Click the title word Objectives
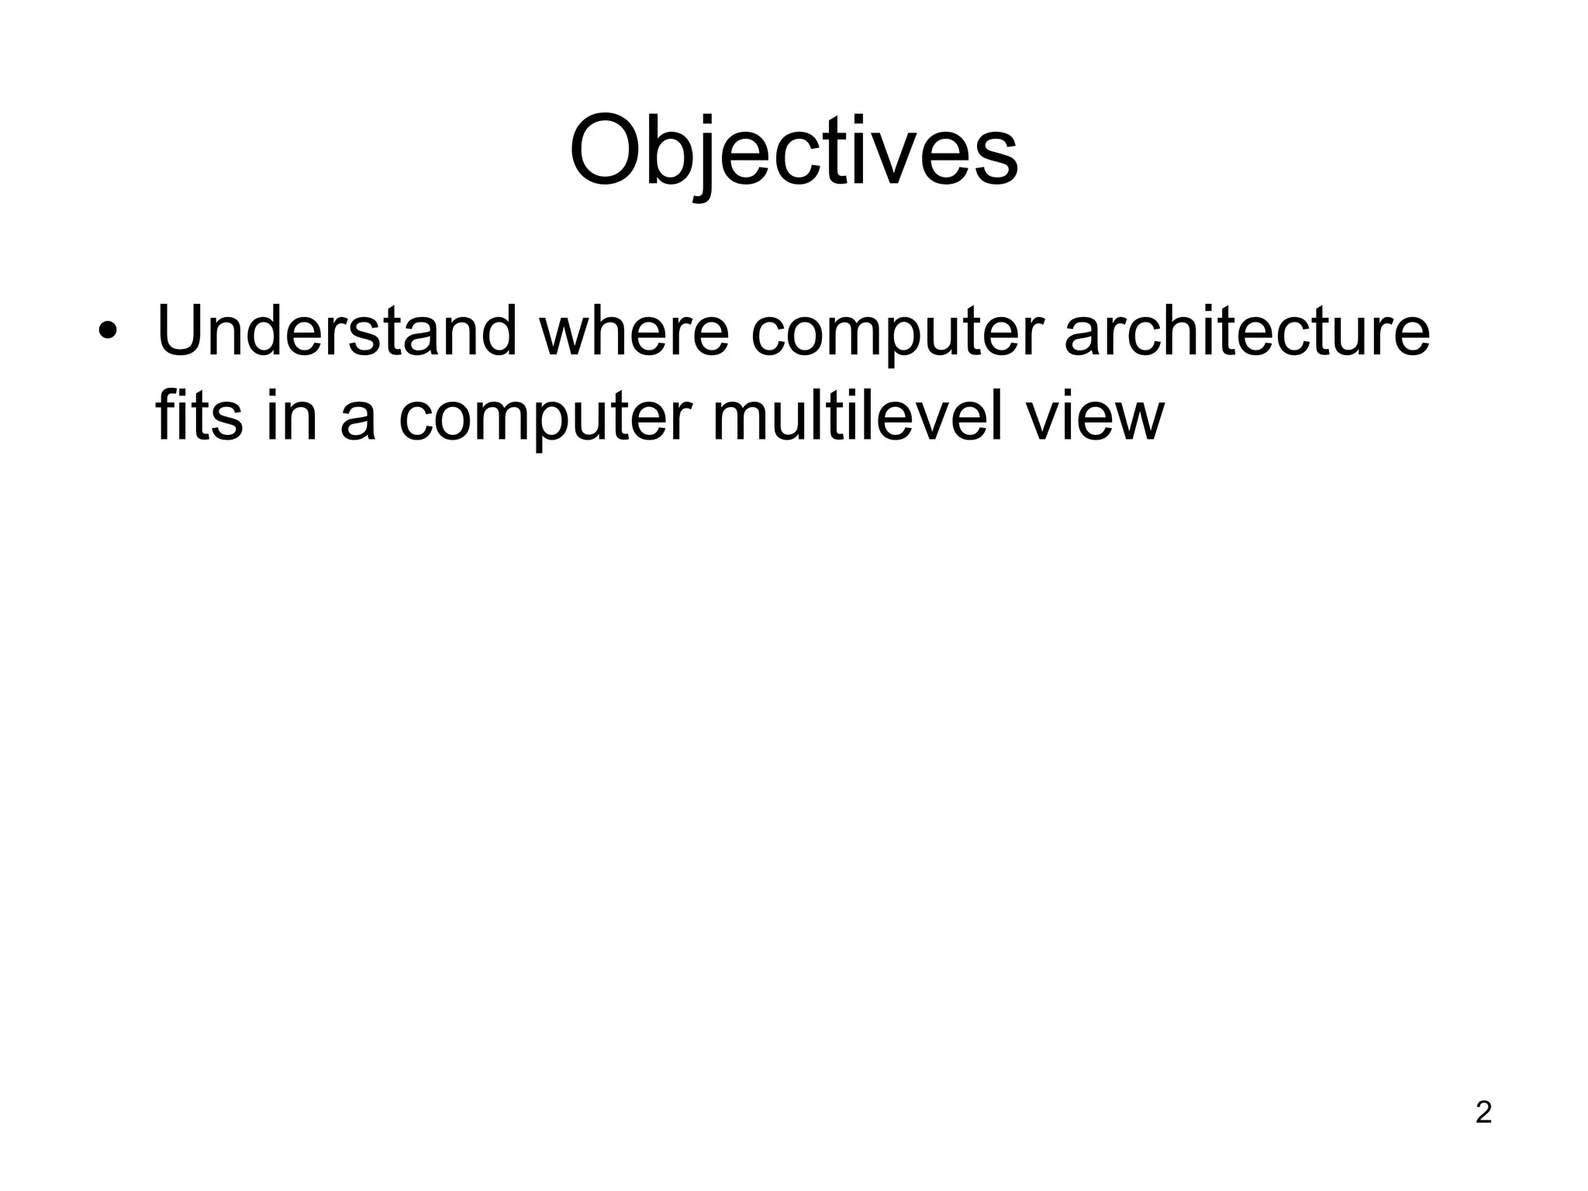point(793,151)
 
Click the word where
point(634,332)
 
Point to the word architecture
point(1247,332)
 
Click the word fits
point(198,417)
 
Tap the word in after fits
point(292,417)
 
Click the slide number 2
point(1483,1113)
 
